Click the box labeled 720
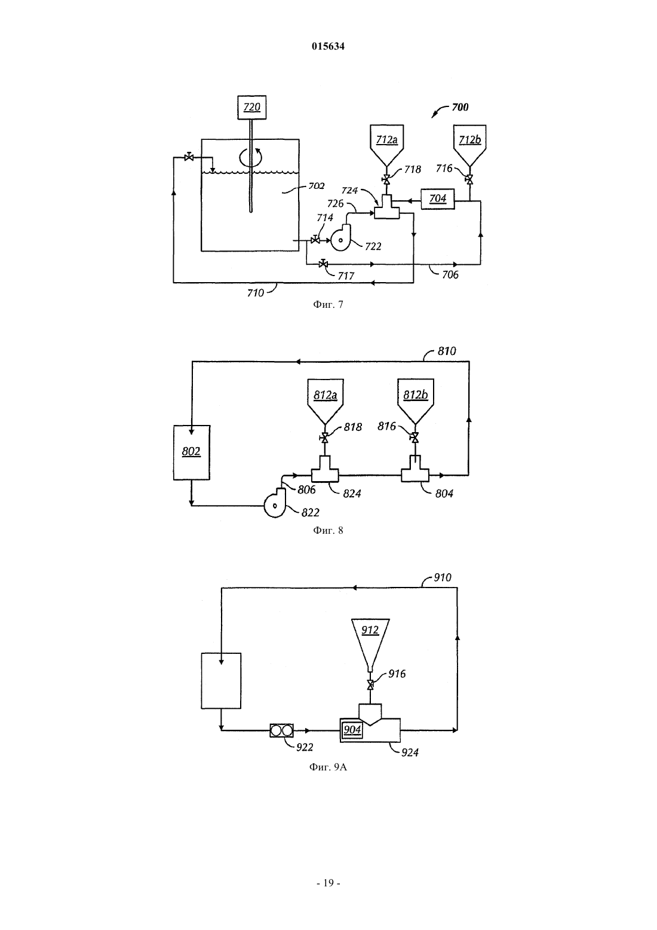(252, 107)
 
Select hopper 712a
(386, 145)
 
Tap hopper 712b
(469, 145)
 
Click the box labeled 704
(438, 199)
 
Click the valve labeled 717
(323, 264)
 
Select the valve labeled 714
(315, 240)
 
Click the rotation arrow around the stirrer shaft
(250, 157)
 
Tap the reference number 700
(459, 107)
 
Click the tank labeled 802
(192, 452)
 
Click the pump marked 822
(275, 503)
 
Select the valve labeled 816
(415, 438)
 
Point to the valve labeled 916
(370, 685)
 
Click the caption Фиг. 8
(328, 530)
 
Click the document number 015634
(328, 46)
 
